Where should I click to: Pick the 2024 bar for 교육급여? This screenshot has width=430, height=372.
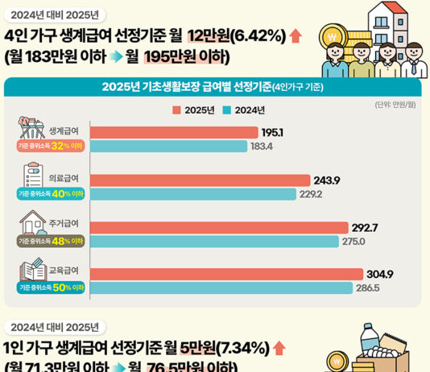(x=221, y=287)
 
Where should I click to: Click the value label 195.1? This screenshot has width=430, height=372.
(x=272, y=133)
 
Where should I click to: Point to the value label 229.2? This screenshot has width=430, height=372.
(x=310, y=194)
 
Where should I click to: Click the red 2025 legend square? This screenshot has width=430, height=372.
(x=176, y=110)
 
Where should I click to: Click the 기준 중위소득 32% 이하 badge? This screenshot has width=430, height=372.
(x=51, y=147)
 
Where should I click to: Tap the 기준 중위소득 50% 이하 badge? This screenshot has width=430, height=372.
(x=51, y=287)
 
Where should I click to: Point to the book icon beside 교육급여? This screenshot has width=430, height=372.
(x=32, y=268)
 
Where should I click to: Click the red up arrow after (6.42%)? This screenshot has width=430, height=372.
(x=295, y=35)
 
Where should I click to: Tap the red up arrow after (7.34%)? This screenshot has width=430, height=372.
(x=279, y=348)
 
